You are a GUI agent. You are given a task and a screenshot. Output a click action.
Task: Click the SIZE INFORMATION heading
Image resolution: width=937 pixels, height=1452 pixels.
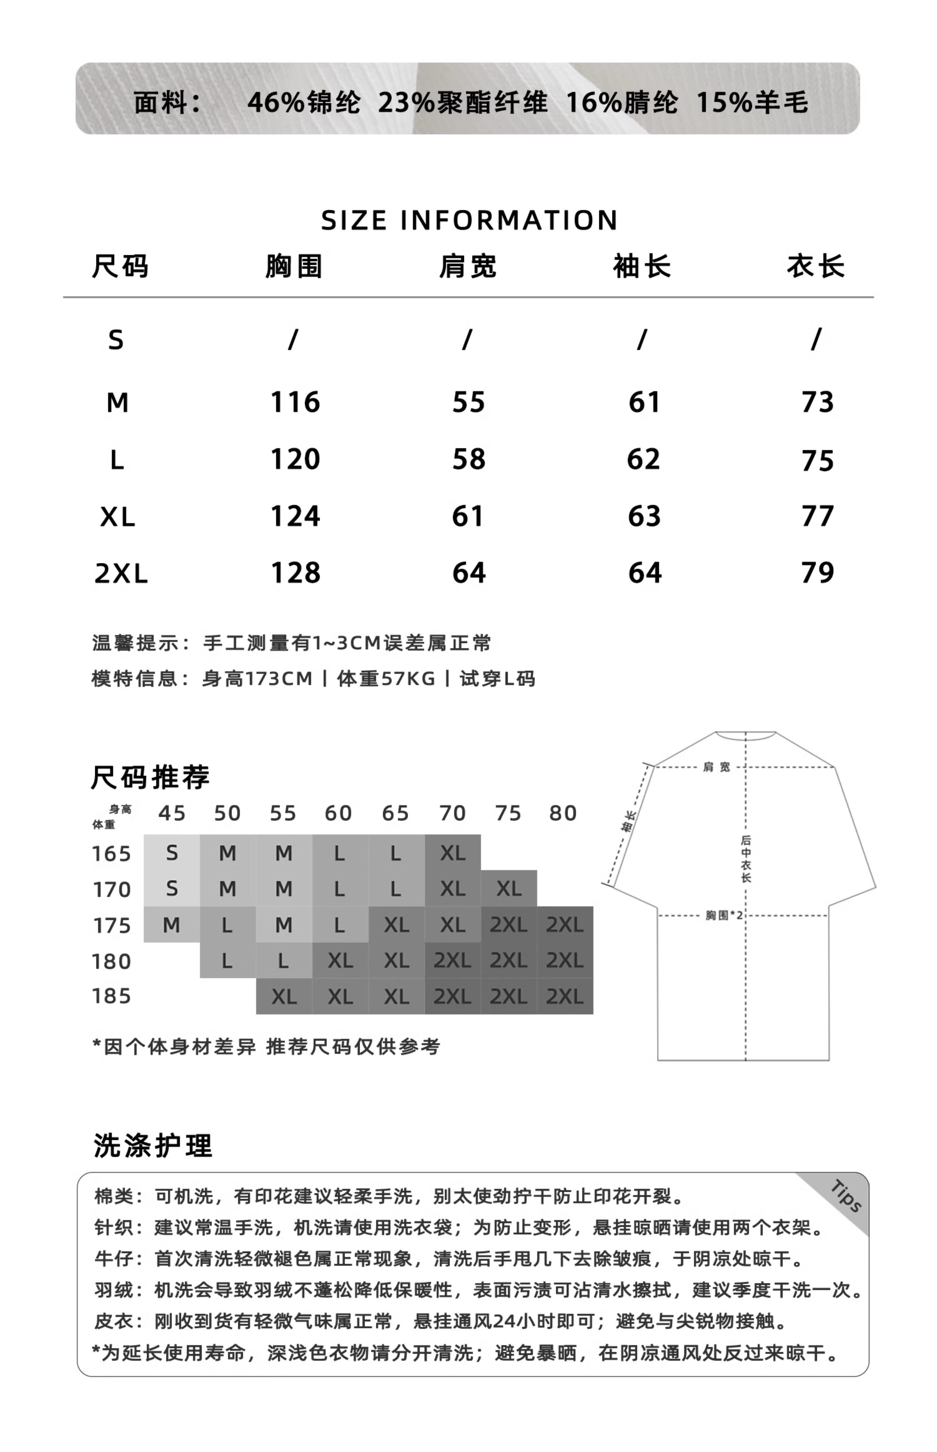468,220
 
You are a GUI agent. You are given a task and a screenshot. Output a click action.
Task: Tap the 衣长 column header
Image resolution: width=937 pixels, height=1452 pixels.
815,267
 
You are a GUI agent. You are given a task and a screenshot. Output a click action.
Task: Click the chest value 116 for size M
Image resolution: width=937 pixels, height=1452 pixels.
295,402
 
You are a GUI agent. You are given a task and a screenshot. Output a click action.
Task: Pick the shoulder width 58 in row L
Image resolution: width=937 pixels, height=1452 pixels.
468,459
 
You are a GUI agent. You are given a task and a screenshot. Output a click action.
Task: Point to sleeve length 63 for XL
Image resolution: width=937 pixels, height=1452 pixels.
644,516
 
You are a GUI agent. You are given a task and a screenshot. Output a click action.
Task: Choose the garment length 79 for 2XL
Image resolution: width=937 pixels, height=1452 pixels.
817,573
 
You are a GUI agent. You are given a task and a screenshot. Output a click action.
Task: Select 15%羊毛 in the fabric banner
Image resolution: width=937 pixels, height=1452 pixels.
752,102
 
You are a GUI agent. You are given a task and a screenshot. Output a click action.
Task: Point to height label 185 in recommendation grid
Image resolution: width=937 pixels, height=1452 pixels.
111,996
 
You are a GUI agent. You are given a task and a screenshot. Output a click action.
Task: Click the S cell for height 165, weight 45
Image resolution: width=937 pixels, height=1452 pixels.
172,853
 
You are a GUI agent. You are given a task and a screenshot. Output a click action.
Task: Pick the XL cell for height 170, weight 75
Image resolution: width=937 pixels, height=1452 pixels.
509,889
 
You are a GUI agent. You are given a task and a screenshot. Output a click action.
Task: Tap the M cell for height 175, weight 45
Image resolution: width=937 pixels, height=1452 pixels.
172,925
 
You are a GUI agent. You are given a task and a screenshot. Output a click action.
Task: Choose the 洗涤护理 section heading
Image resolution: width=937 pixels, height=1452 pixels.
153,1145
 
